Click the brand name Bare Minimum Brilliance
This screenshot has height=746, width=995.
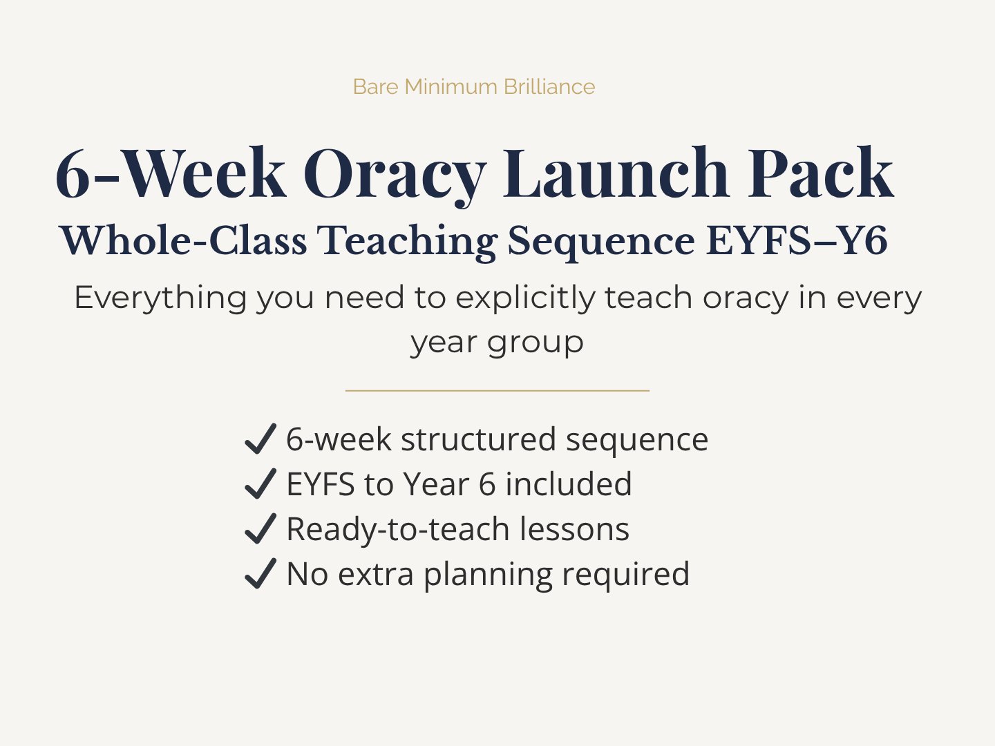pos(473,87)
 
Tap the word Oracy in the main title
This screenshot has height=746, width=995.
pos(395,174)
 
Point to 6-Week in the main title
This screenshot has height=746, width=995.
pos(170,174)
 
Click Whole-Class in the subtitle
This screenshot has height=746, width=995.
pos(183,241)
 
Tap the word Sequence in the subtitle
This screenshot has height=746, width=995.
pos(600,241)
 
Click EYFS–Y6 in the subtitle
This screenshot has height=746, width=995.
pos(796,241)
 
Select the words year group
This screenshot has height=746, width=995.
pos(497,343)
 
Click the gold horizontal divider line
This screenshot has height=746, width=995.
pos(497,390)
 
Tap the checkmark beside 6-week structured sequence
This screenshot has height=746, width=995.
pos(260,439)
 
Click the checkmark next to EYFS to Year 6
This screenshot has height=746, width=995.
pos(260,484)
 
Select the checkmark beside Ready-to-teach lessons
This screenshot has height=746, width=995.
pos(260,529)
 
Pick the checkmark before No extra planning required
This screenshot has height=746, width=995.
pos(260,574)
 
